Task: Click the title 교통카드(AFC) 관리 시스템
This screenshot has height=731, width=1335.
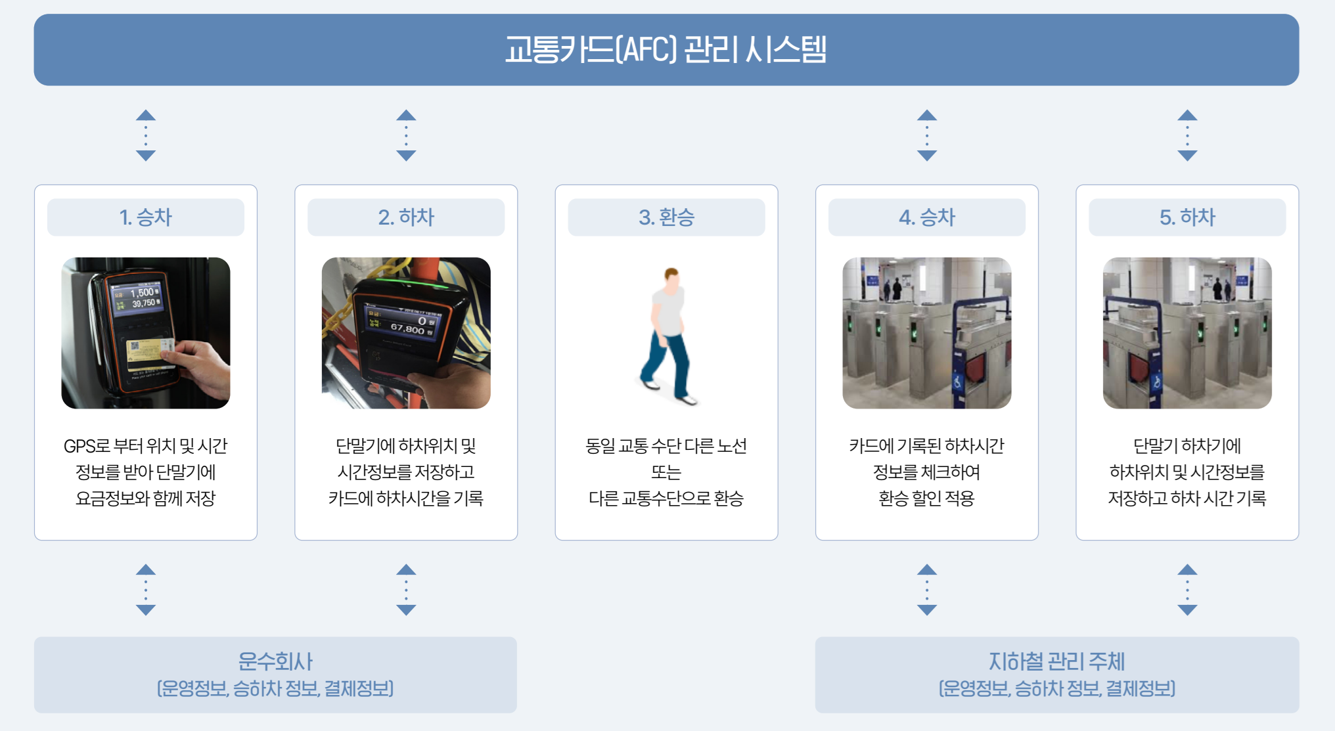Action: pyautogui.click(x=666, y=50)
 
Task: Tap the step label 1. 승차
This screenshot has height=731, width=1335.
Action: pyautogui.click(x=145, y=217)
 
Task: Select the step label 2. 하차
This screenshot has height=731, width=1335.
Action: pyautogui.click(x=406, y=217)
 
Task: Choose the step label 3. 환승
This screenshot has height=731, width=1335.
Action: pyautogui.click(x=666, y=217)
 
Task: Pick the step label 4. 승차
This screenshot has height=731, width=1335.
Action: pyautogui.click(x=926, y=217)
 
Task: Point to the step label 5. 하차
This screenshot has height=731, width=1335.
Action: pyautogui.click(x=1187, y=217)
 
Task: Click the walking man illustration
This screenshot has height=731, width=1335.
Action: pyautogui.click(x=667, y=335)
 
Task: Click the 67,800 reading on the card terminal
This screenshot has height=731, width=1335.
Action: pyautogui.click(x=407, y=328)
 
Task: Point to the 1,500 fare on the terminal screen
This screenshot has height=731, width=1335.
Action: pyautogui.click(x=143, y=292)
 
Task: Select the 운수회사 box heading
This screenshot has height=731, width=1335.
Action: pyautogui.click(x=275, y=661)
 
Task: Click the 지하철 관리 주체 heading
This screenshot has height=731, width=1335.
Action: pyautogui.click(x=1056, y=661)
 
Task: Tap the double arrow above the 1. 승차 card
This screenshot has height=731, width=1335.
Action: pyautogui.click(x=146, y=135)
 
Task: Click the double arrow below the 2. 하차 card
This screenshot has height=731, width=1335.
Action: pyautogui.click(x=406, y=589)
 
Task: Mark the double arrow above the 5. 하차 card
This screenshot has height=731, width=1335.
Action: pyautogui.click(x=1187, y=135)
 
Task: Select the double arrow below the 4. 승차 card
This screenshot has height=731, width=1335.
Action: pyautogui.click(x=926, y=589)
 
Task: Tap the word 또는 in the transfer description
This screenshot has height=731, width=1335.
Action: pyautogui.click(x=666, y=472)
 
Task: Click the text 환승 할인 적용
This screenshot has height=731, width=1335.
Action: pyautogui.click(x=926, y=498)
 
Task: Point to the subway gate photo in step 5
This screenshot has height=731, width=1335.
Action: pyautogui.click(x=1187, y=333)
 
